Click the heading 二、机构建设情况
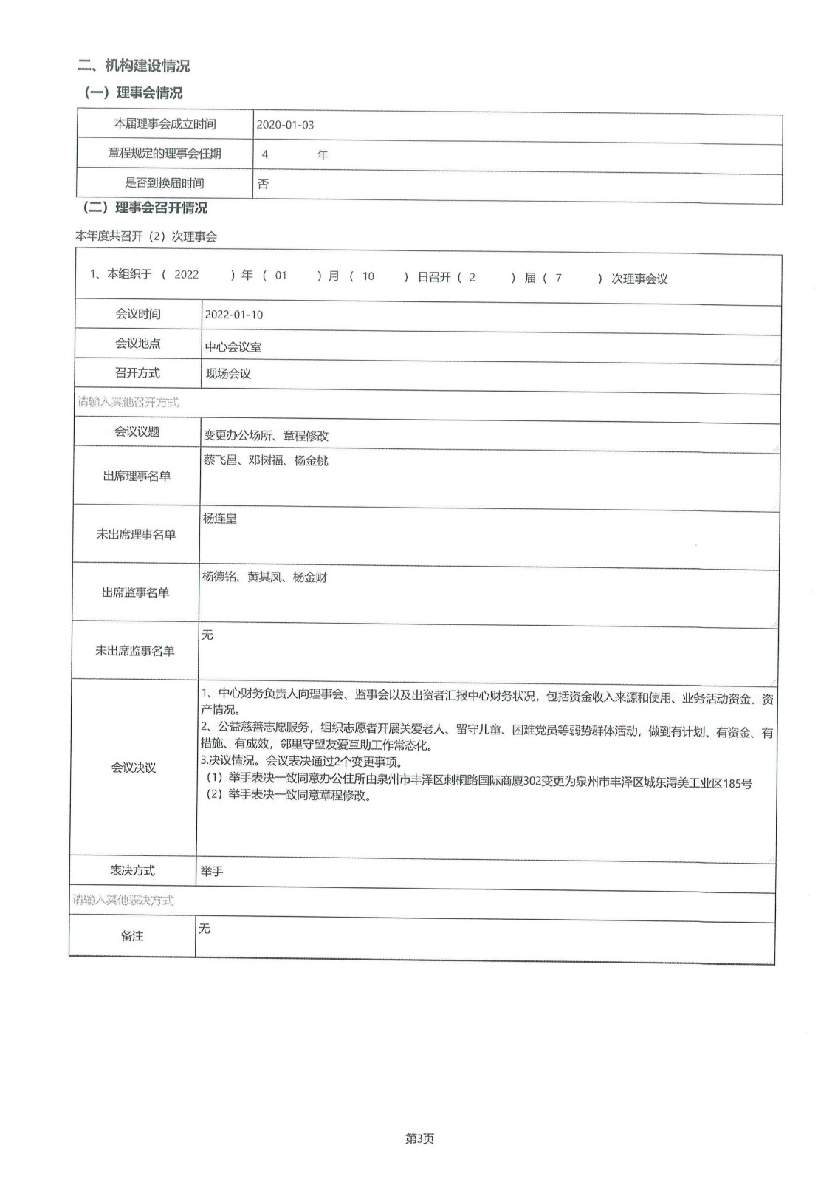(x=134, y=66)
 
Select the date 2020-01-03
(x=285, y=125)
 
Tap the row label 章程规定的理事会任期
(x=165, y=154)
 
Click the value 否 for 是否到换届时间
(x=263, y=184)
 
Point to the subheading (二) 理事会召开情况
(x=145, y=208)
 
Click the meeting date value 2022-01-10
(x=234, y=315)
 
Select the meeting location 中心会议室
(x=233, y=346)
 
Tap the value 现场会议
(x=228, y=374)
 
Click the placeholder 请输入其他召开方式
(x=128, y=403)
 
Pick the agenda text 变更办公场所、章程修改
(x=267, y=436)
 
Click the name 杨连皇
(x=220, y=519)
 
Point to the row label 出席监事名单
(x=135, y=592)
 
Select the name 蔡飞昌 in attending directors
(x=220, y=460)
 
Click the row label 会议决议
(x=134, y=768)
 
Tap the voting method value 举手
(x=212, y=872)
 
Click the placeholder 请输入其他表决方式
(x=123, y=900)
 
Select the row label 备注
(x=132, y=936)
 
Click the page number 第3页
(x=419, y=1139)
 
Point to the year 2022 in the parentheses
(x=187, y=275)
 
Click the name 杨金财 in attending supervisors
(x=310, y=577)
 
